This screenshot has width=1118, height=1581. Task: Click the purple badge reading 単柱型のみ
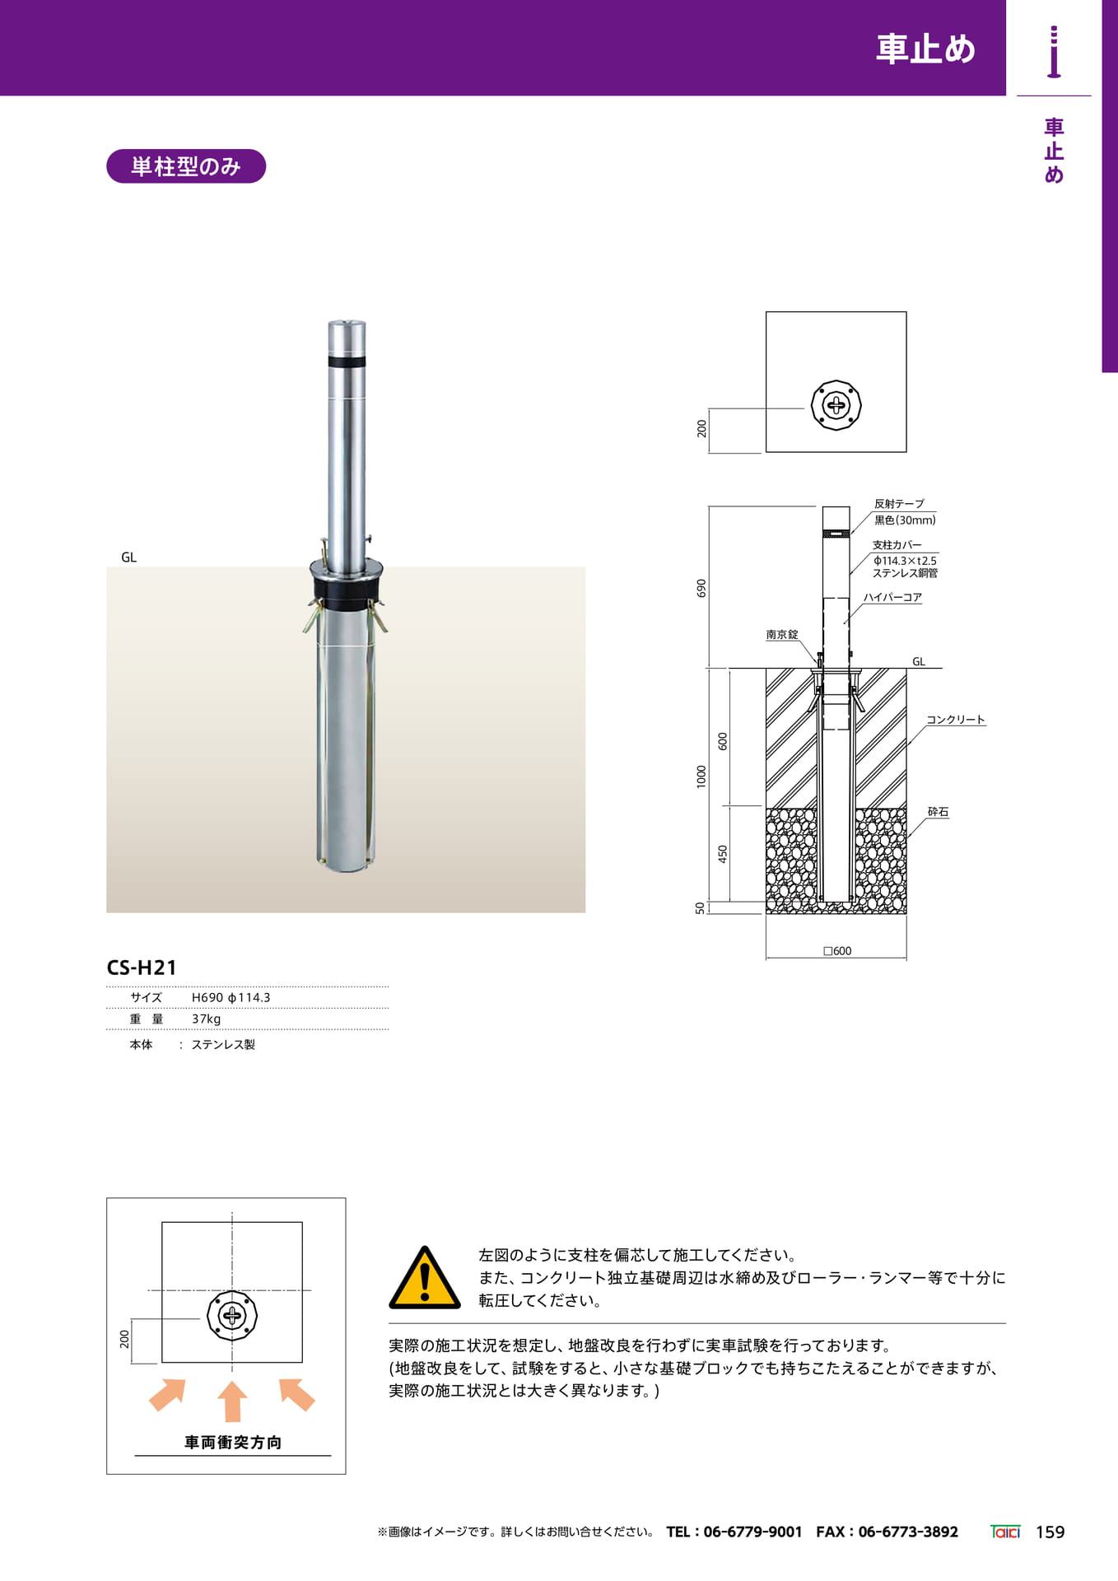(186, 166)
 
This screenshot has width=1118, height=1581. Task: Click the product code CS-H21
(142, 968)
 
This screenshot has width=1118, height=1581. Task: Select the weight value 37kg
(206, 1019)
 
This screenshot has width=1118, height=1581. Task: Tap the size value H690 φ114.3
(231, 997)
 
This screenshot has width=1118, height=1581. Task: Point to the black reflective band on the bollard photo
(347, 361)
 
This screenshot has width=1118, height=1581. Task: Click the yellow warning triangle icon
(425, 1277)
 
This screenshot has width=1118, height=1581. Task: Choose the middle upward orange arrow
(232, 1401)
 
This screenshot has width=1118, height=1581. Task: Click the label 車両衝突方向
(233, 1442)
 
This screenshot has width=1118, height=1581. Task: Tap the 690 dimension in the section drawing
(701, 588)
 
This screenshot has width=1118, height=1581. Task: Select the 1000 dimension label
(701, 777)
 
